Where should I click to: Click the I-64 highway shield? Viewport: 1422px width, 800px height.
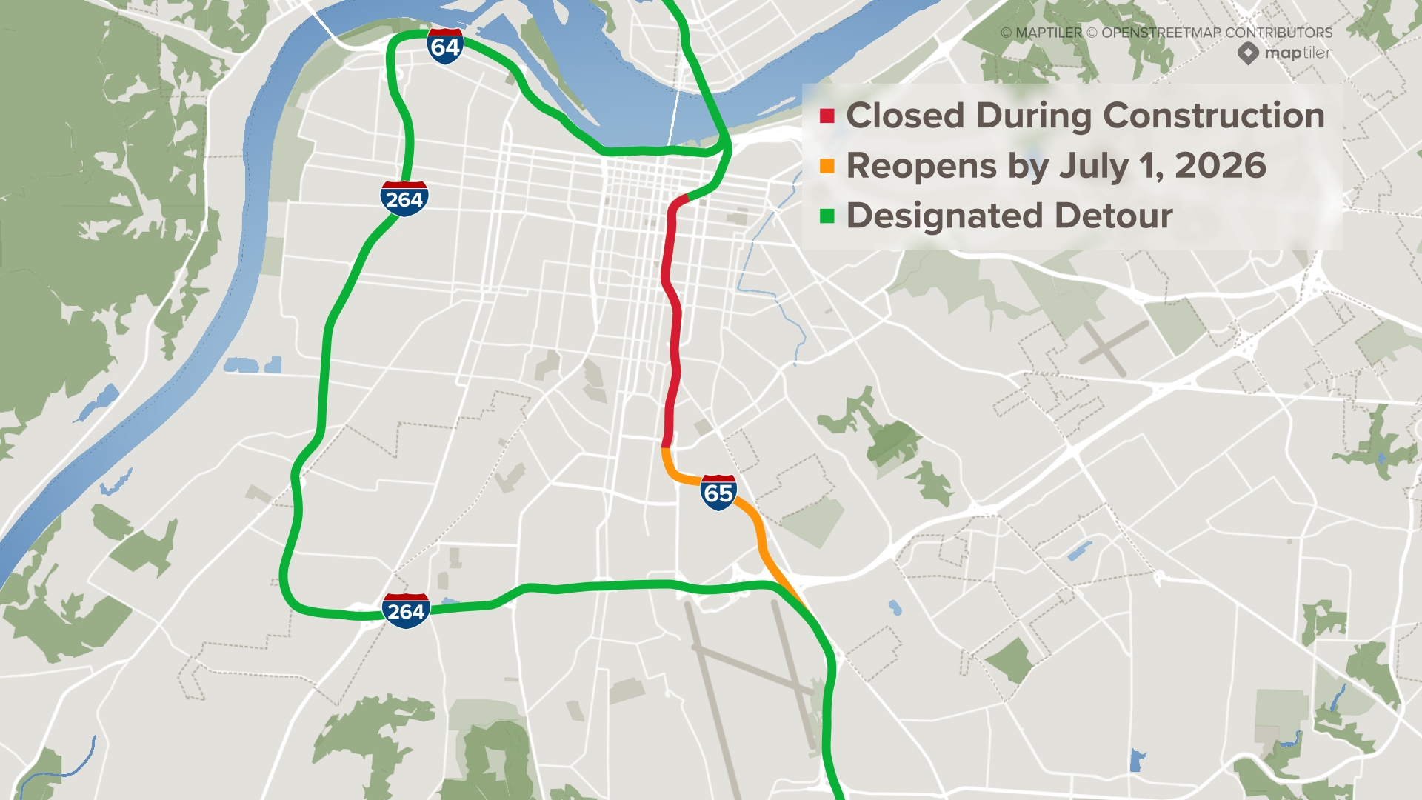point(445,47)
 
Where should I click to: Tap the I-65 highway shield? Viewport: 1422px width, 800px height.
point(718,493)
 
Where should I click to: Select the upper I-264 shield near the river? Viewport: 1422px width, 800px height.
point(404,199)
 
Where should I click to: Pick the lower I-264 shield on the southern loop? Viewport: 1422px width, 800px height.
point(406,611)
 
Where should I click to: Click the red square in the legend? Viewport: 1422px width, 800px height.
point(827,116)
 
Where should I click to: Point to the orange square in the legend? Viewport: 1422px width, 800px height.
point(827,166)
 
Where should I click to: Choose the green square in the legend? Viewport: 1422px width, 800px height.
point(827,216)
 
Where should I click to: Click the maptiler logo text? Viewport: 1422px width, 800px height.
point(1298,53)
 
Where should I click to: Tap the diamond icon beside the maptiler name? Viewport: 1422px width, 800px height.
point(1248,53)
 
